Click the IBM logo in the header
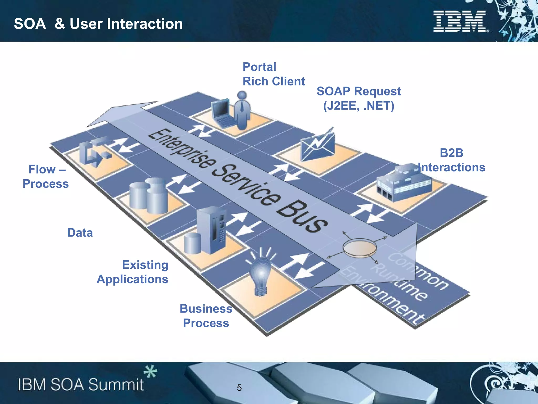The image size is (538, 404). (x=461, y=21)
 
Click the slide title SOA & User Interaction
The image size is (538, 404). (x=98, y=24)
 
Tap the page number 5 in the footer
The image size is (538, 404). (x=239, y=388)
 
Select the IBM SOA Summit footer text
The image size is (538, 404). (x=81, y=385)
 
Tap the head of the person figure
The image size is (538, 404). (x=242, y=95)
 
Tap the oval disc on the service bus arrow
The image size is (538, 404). (x=359, y=247)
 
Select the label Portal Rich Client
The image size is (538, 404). (x=273, y=74)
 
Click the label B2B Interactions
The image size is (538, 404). (x=451, y=160)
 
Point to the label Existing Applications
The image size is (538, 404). (x=133, y=272)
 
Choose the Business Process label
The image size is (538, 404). (x=206, y=316)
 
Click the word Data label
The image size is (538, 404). (x=80, y=233)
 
